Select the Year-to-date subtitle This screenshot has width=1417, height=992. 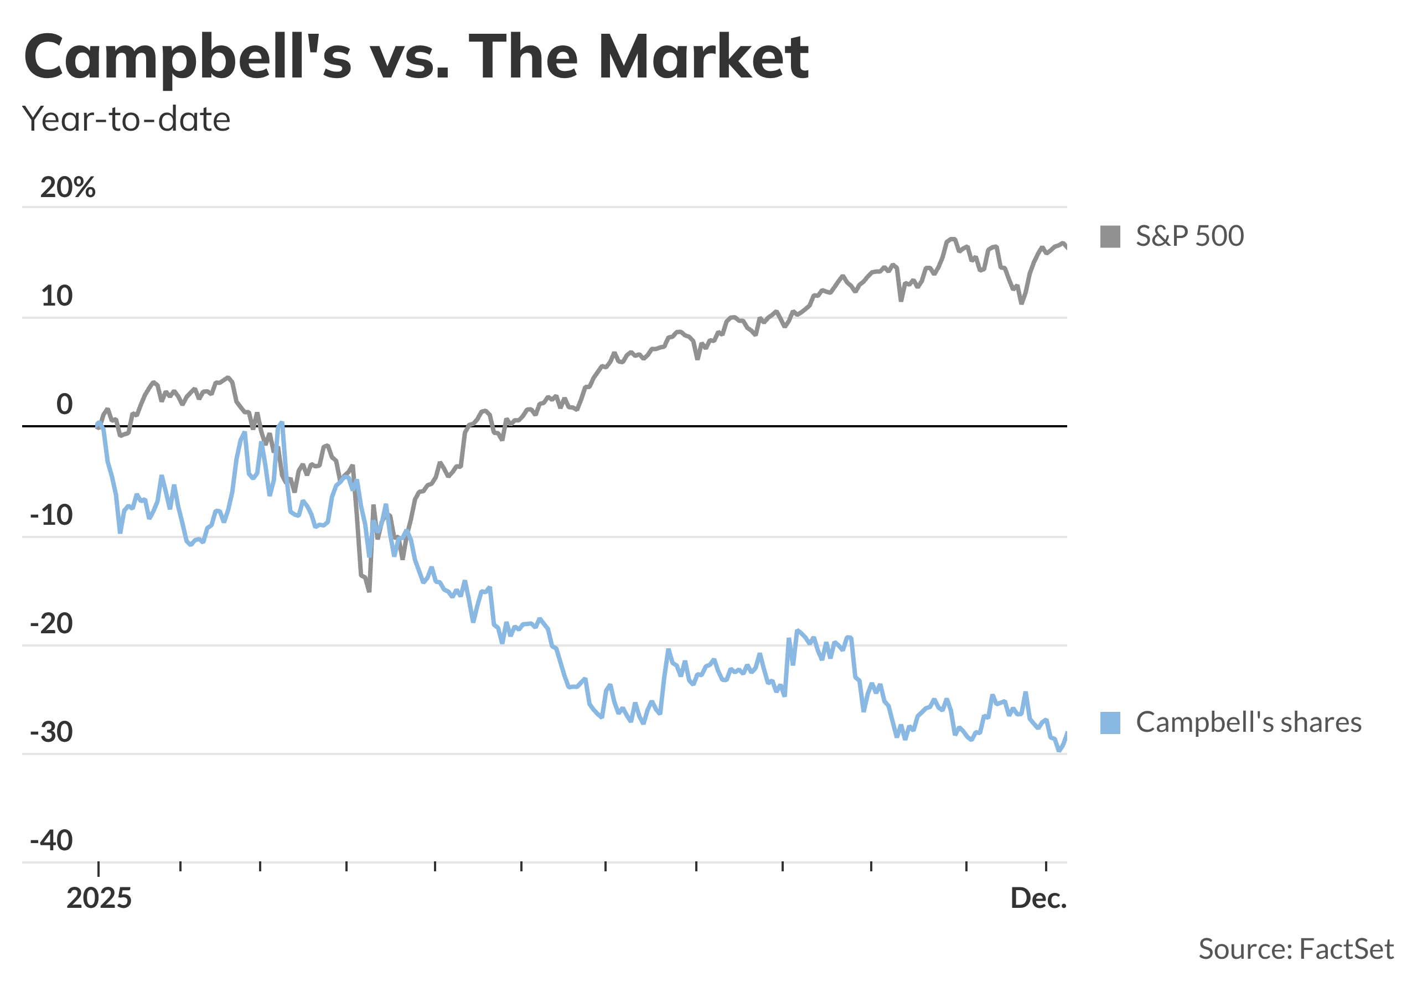[x=126, y=119]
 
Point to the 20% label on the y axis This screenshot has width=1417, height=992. [x=68, y=187]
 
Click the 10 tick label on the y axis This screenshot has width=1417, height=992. [x=57, y=296]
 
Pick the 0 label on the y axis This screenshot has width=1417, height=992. [x=64, y=405]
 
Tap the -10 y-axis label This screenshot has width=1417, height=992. [x=51, y=515]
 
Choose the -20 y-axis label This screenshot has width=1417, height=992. [x=51, y=624]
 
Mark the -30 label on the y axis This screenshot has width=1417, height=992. [x=51, y=733]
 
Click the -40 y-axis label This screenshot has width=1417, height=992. [x=51, y=841]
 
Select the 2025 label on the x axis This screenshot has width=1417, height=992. [x=99, y=899]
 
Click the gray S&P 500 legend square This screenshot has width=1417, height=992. [x=1110, y=237]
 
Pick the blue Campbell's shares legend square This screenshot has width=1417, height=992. [x=1110, y=723]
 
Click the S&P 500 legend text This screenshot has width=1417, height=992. [x=1190, y=237]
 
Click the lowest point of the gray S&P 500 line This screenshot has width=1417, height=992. [x=369, y=591]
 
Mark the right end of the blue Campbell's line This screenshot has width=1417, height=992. [x=1066, y=733]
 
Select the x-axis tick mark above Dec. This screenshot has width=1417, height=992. [x=1046, y=866]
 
